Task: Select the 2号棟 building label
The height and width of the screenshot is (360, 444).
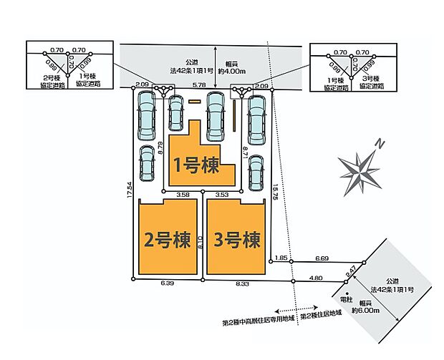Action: pos(167,239)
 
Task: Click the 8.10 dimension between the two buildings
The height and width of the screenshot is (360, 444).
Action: pos(201,242)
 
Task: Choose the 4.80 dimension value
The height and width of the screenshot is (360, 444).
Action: pos(316,278)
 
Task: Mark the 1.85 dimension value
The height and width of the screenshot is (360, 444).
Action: pos(281,258)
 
